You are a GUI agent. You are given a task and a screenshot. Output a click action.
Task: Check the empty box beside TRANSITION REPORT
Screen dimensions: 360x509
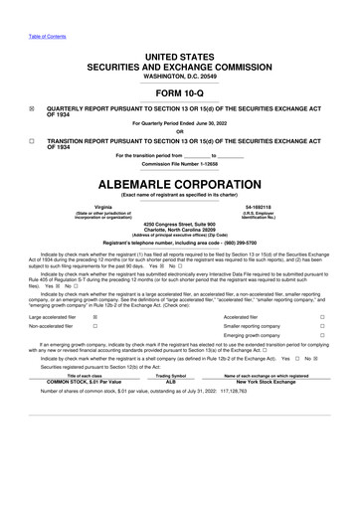[x=33, y=141]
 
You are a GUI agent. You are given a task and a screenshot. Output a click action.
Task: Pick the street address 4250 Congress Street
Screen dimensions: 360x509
[x=180, y=224]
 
